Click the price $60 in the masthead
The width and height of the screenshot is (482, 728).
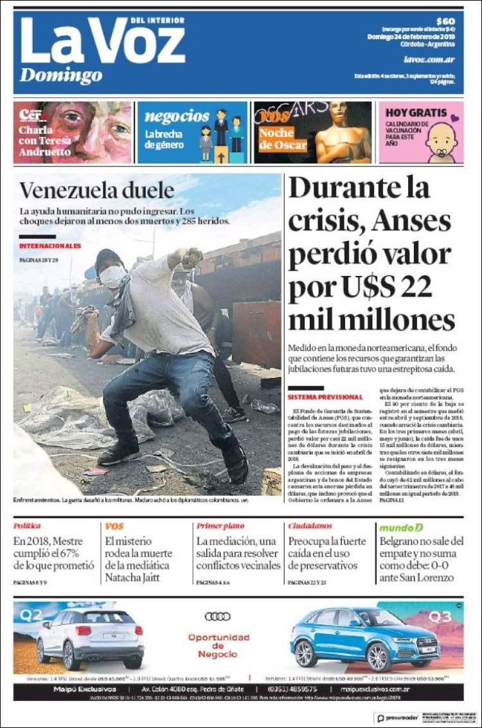[x=445, y=21]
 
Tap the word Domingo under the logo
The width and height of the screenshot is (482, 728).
[x=60, y=76]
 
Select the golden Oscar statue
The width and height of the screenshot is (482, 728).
[x=342, y=135]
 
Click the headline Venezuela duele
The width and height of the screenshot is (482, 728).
[x=96, y=190]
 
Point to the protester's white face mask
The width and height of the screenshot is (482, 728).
[x=113, y=277]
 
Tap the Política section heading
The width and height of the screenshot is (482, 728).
[x=27, y=526]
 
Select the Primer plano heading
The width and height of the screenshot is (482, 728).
[x=220, y=526]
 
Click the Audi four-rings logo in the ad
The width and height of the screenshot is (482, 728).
[x=218, y=617]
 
